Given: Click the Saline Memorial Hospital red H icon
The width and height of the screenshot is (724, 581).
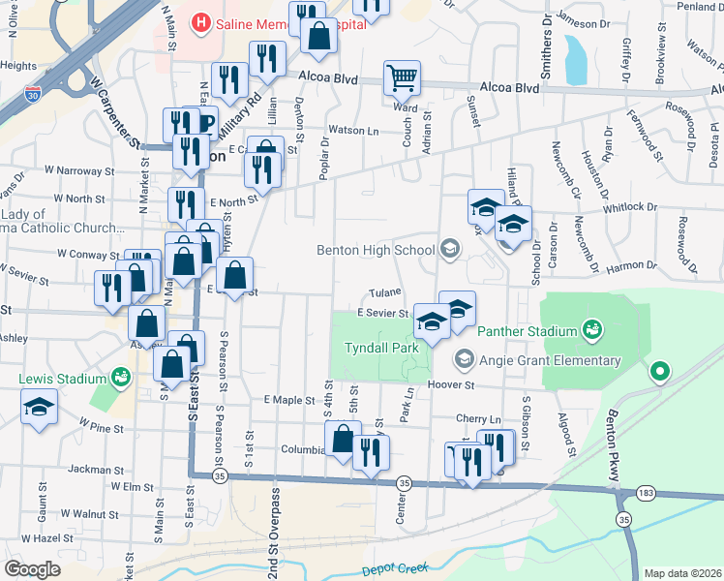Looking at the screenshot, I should coord(202,21).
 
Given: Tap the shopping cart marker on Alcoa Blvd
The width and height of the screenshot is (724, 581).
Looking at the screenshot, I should coord(402,76).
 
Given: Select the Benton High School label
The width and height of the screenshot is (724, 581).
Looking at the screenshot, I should coord(376,250).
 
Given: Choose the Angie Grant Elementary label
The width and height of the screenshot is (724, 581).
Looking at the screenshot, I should coord(553,360).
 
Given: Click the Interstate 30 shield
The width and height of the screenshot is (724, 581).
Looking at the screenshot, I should coord(34,94).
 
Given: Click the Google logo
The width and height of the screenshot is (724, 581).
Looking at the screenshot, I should coord(32,568).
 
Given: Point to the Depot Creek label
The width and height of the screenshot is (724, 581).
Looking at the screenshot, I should coord(394,569).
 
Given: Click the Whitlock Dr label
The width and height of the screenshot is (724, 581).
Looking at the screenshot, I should coord(628,207).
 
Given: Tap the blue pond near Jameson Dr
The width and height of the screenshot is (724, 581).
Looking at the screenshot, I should coord(575,60).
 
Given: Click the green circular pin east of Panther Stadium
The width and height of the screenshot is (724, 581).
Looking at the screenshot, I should coord(661,371).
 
